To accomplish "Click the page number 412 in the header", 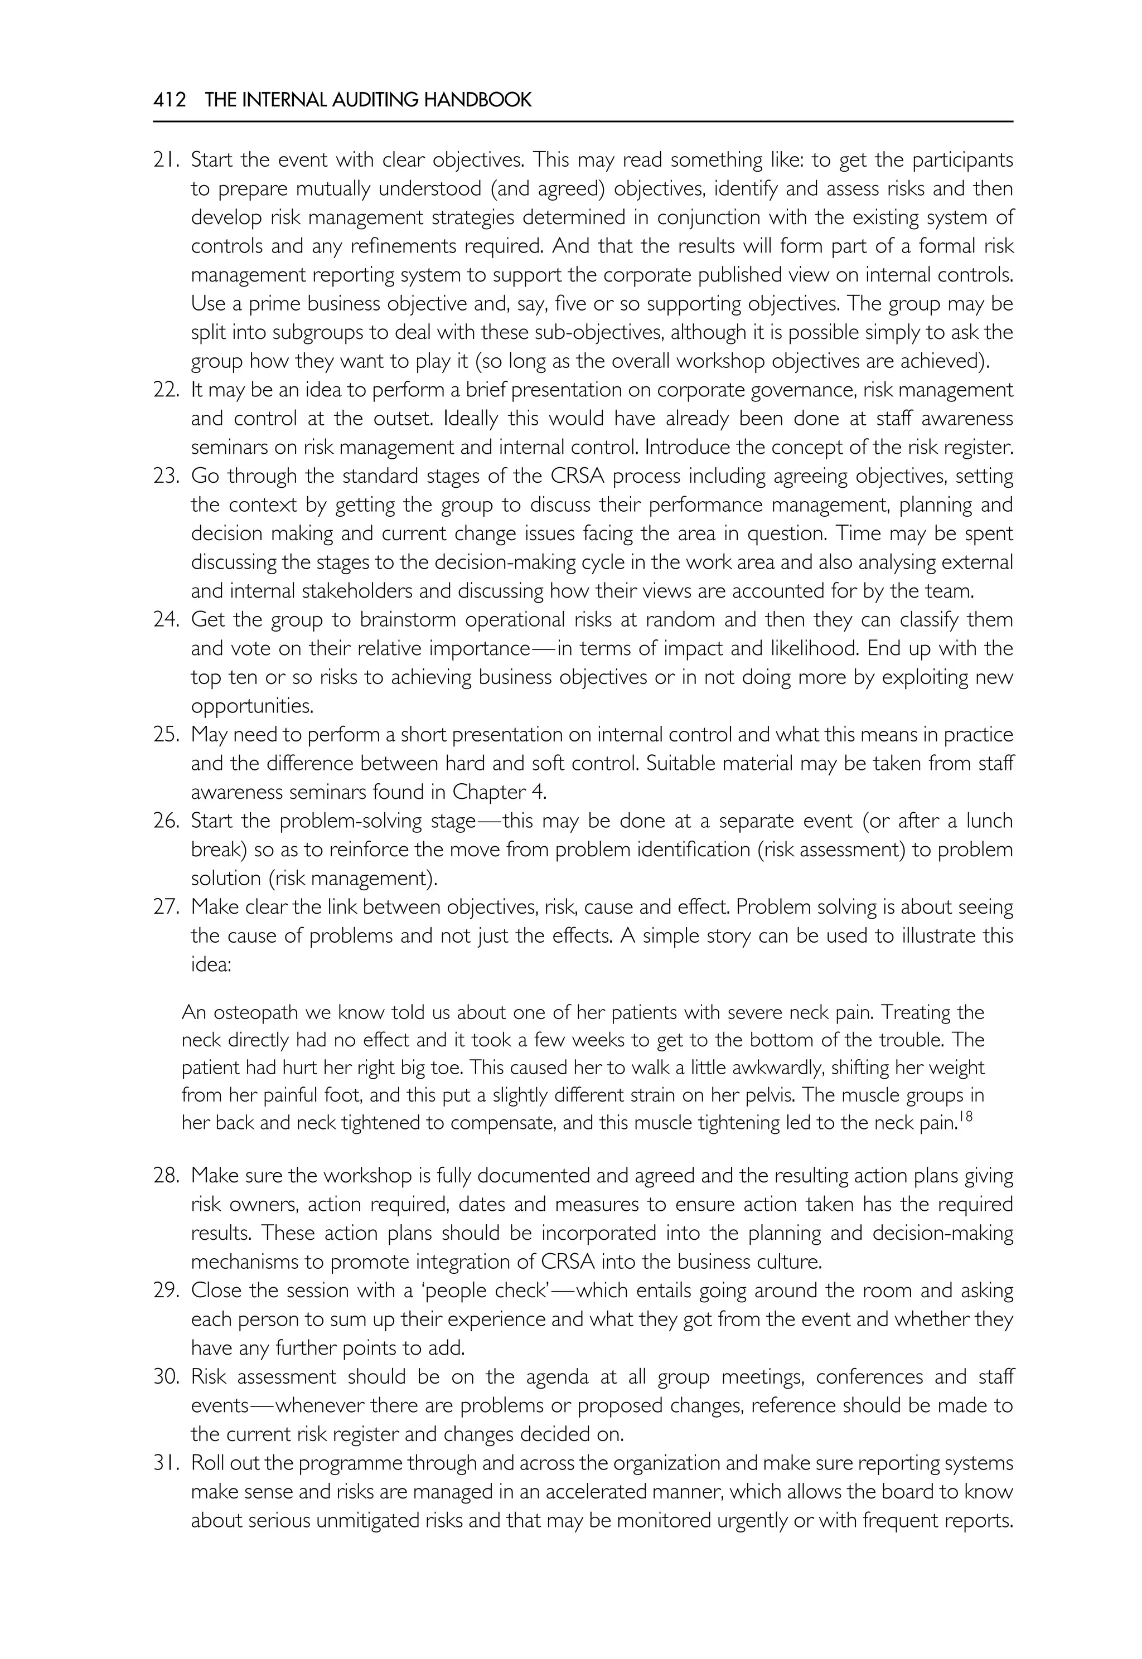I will [169, 100].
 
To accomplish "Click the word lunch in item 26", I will [989, 821].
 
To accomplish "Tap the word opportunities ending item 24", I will [253, 707].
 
